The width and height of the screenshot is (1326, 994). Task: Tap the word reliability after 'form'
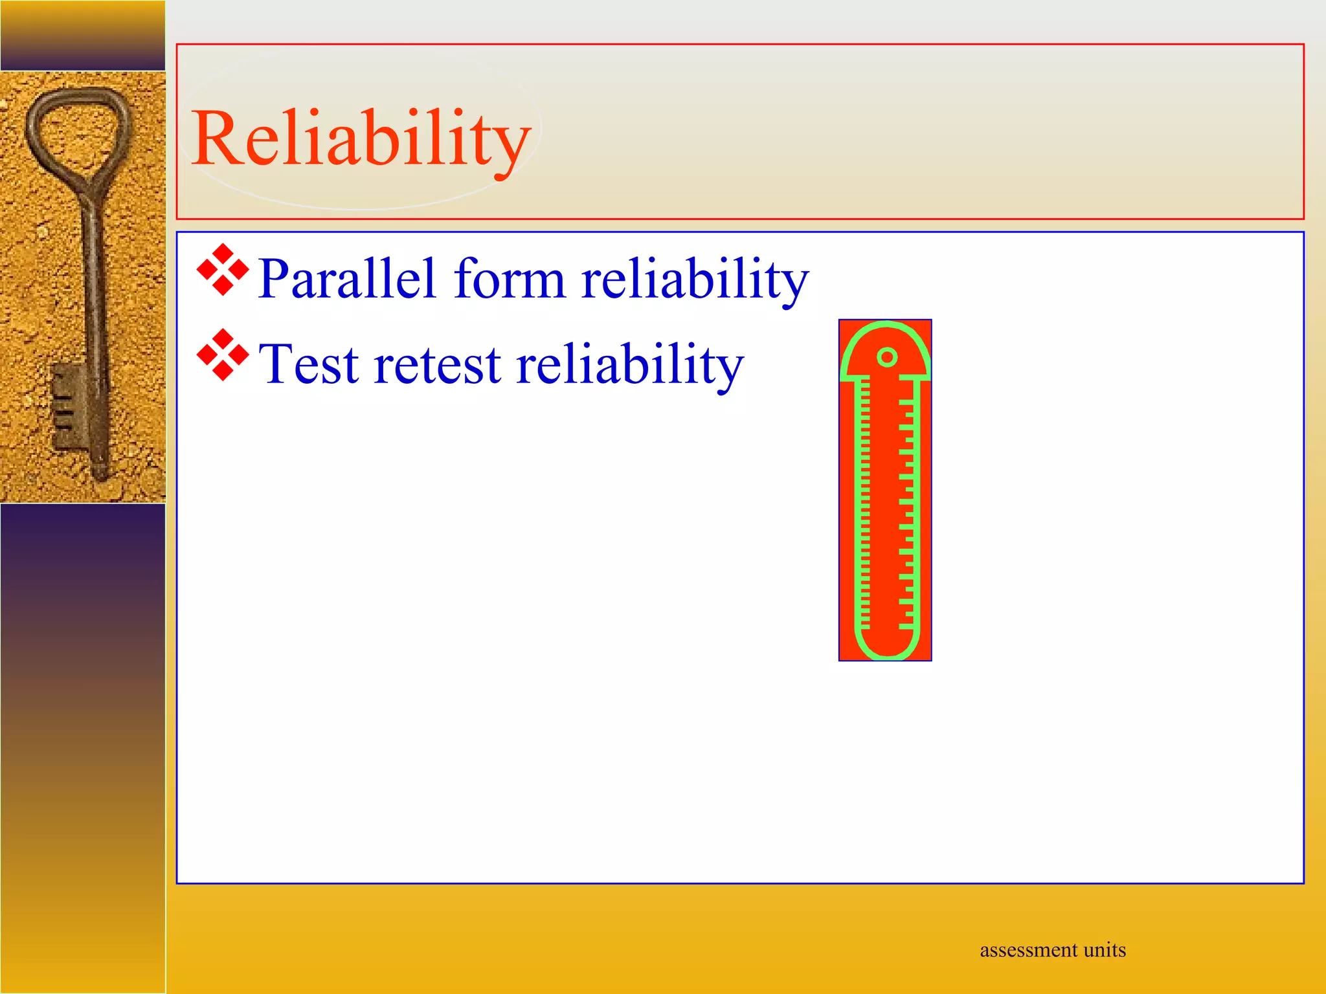click(x=695, y=279)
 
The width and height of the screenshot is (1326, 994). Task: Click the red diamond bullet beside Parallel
click(x=223, y=270)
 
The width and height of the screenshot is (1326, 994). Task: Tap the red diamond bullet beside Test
click(x=223, y=355)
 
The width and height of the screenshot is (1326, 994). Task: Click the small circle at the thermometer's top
click(x=887, y=357)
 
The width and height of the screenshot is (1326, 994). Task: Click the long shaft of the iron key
click(x=95, y=291)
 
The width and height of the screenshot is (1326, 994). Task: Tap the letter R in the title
click(x=217, y=138)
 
